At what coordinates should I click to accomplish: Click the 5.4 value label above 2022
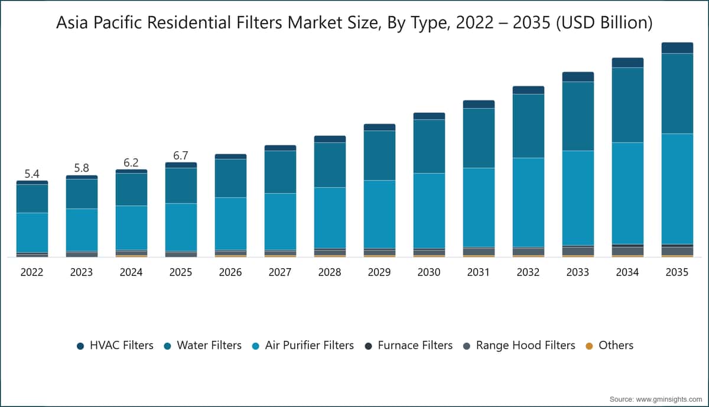[32, 174]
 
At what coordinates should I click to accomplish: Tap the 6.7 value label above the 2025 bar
[181, 155]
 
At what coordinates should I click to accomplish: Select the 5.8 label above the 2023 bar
[82, 168]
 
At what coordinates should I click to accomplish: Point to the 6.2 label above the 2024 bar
[131, 162]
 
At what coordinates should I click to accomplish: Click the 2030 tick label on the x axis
[429, 272]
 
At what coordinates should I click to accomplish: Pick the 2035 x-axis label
[677, 272]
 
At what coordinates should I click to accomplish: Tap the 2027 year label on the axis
[280, 272]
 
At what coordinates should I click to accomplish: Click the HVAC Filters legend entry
[115, 346]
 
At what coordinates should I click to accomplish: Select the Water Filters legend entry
[203, 346]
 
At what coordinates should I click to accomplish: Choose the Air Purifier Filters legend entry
[303, 346]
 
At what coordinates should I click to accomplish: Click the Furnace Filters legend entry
[409, 346]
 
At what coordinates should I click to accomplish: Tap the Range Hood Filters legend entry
[519, 346]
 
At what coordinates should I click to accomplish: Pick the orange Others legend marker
[589, 346]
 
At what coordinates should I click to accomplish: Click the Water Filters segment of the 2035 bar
[677, 93]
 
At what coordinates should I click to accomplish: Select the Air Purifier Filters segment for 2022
[32, 233]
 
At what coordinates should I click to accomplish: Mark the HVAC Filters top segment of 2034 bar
[627, 63]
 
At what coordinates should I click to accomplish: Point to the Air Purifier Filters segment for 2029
[379, 214]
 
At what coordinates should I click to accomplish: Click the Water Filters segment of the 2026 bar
[230, 178]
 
